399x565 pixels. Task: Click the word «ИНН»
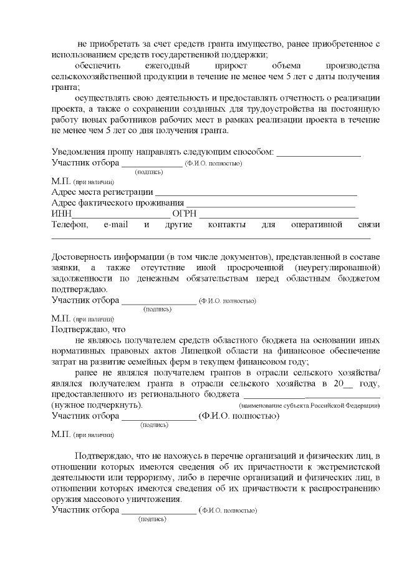pos(61,214)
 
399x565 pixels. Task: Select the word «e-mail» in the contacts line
pos(115,224)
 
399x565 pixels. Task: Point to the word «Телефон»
pos(70,224)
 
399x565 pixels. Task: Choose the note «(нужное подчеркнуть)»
pos(97,405)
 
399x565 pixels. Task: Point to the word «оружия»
pos(67,499)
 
